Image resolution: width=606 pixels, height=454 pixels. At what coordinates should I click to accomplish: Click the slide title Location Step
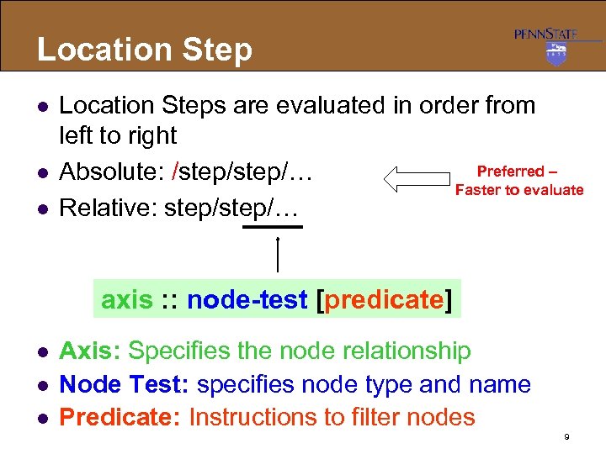click(x=144, y=50)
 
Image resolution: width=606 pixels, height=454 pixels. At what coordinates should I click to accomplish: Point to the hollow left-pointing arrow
click(x=416, y=178)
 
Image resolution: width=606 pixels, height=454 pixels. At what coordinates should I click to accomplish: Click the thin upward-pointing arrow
click(x=278, y=254)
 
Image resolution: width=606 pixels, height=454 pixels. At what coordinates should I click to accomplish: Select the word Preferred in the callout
click(x=511, y=172)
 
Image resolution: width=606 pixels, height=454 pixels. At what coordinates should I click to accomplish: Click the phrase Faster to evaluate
click(x=518, y=190)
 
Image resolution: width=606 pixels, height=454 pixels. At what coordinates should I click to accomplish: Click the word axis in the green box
click(x=127, y=300)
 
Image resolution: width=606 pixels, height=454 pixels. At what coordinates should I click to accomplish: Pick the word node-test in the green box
click(x=247, y=300)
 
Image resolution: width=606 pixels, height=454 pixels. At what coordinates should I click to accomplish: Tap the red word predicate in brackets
click(x=383, y=300)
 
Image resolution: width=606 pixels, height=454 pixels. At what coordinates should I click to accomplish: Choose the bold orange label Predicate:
click(x=120, y=417)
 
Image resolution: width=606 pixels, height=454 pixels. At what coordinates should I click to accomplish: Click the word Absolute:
click(x=111, y=172)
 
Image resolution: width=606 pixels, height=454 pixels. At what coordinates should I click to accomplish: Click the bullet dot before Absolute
click(x=41, y=173)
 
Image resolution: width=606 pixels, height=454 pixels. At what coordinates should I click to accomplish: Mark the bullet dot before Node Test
click(x=41, y=385)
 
